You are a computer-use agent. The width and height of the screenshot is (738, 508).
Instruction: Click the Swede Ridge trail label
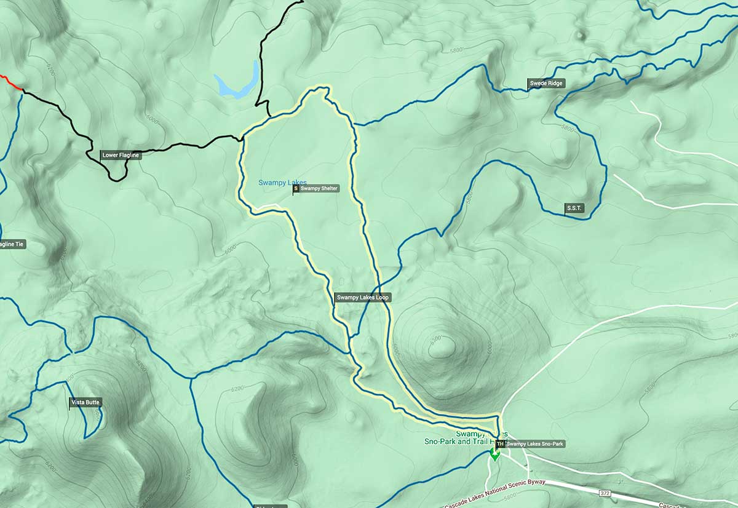546,84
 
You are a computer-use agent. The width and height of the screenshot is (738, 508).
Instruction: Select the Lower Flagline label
121,156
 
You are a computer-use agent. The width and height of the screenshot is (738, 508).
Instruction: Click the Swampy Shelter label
319,189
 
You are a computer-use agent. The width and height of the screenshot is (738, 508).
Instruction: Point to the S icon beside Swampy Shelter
296,189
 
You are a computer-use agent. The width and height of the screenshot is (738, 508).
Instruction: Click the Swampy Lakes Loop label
363,298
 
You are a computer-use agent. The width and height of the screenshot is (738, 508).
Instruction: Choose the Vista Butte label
85,402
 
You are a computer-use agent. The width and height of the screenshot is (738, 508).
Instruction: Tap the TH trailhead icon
500,443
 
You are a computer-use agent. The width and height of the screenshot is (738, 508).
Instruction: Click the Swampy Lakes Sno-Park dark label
534,443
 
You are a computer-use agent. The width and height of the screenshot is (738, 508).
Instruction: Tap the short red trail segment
10,82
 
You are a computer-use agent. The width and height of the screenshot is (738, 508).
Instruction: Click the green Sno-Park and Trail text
455,441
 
